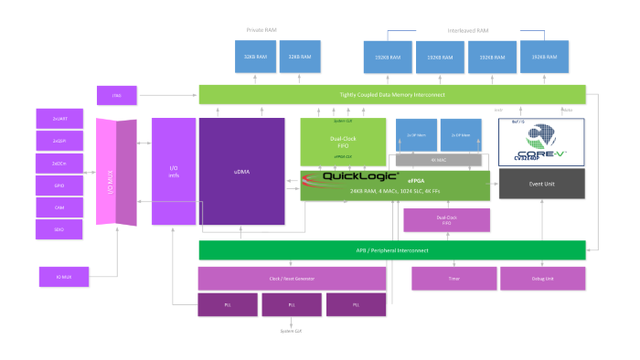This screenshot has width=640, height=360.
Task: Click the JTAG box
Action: tap(117, 94)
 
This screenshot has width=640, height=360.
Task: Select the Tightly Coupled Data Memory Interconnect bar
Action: tap(392, 94)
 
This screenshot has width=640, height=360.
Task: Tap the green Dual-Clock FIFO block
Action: tap(343, 141)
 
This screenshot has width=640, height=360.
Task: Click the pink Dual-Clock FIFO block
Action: tap(446, 219)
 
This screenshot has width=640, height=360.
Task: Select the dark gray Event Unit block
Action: tap(541, 185)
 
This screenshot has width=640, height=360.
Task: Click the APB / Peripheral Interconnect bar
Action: tap(392, 249)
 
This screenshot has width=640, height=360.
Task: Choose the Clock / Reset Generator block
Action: tap(292, 278)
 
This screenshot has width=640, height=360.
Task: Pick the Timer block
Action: tap(453, 278)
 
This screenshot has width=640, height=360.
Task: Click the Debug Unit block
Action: tap(540, 278)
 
